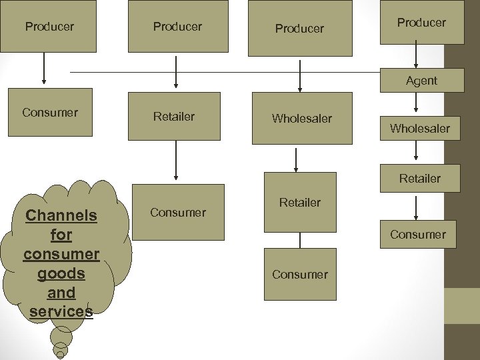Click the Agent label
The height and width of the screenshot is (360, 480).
pyautogui.click(x=421, y=81)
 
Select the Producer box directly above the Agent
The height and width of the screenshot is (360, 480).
pyautogui.click(x=421, y=23)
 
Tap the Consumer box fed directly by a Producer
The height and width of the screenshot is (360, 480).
pyautogui.click(x=50, y=112)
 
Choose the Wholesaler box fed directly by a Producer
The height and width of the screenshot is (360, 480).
pyautogui.click(x=301, y=119)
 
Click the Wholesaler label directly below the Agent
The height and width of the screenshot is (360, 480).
pyautogui.click(x=420, y=128)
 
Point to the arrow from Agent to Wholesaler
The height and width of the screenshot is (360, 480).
pyautogui.click(x=417, y=101)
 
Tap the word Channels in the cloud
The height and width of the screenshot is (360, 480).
pyautogui.click(x=61, y=215)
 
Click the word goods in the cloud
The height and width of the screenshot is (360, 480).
pyautogui.click(x=61, y=273)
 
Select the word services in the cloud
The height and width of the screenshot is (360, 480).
pyautogui.click(x=61, y=311)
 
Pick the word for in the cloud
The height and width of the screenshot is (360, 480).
pyautogui.click(x=61, y=235)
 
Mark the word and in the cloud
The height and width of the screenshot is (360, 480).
pyautogui.click(x=61, y=293)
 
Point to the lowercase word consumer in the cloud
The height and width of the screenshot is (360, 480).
pyautogui.click(x=61, y=254)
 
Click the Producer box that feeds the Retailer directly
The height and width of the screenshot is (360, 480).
pyautogui.click(x=177, y=27)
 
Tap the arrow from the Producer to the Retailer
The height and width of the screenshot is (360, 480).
pyautogui.click(x=176, y=72)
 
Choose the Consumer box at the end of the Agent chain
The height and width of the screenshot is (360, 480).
pyautogui.click(x=418, y=234)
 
